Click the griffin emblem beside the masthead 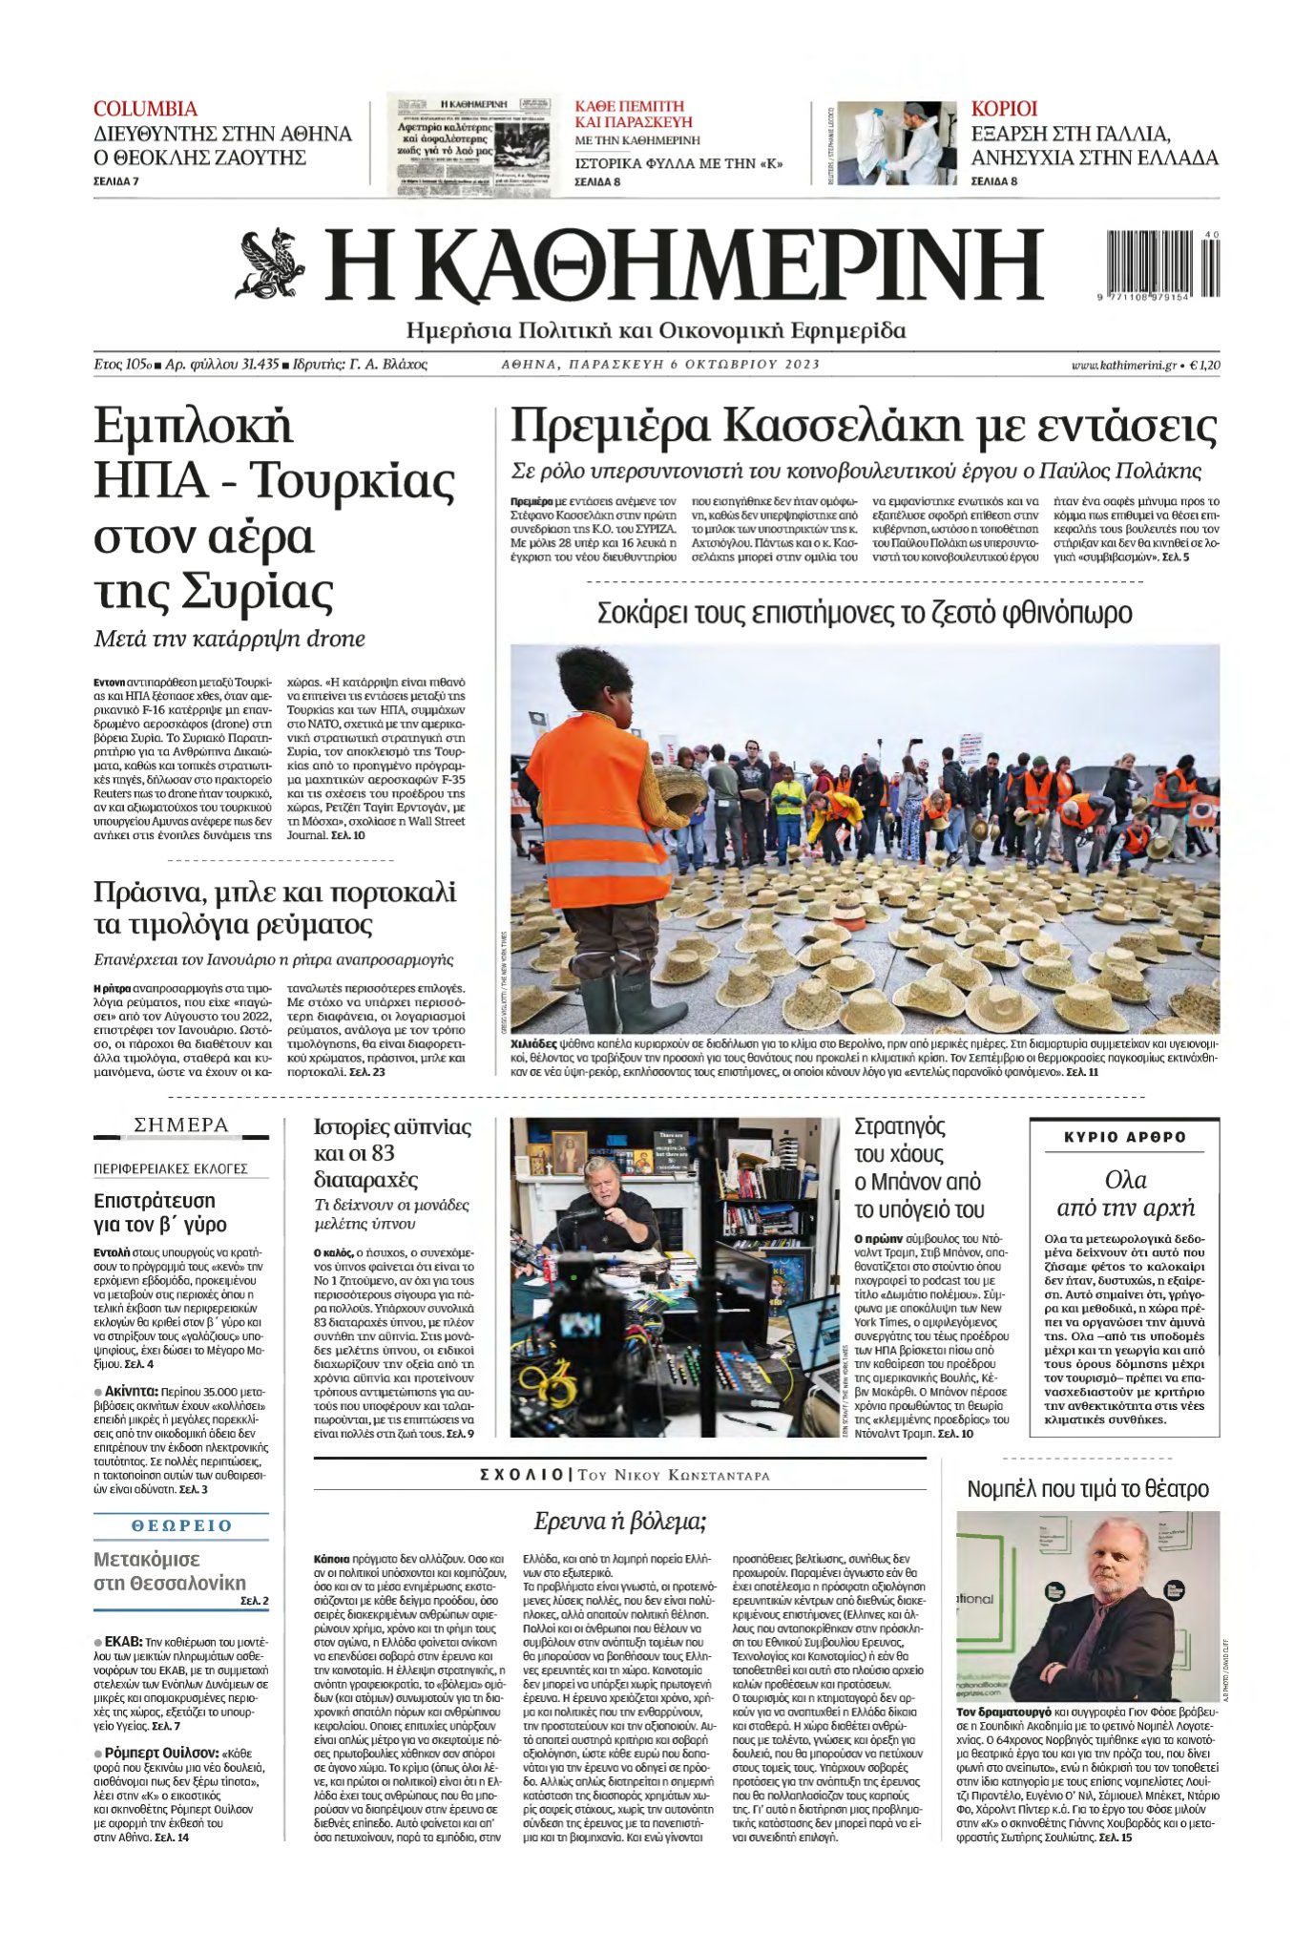270,263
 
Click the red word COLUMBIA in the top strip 145,109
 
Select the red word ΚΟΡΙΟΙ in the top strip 1004,109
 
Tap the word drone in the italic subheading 336,639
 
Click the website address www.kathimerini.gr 1122,365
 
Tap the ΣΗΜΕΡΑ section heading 181,1125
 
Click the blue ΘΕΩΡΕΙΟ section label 181,1525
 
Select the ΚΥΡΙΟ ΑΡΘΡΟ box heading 1124,1137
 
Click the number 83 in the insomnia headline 383,1153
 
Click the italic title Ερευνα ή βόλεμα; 619,1521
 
